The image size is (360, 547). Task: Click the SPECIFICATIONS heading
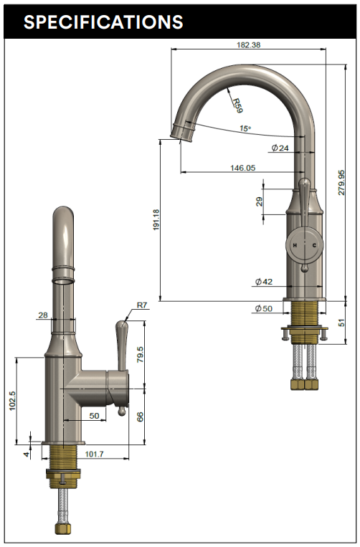103,22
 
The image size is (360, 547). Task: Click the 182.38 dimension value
247,44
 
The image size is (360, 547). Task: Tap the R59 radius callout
237,103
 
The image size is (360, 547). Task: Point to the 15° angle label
245,129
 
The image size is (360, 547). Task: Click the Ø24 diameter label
280,148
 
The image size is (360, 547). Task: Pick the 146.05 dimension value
242,168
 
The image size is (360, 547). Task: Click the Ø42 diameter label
263,282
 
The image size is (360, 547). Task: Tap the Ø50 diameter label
263,308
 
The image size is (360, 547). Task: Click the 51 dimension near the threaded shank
341,323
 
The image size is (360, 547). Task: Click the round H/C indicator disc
304,245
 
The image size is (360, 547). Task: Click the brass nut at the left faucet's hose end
63,529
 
